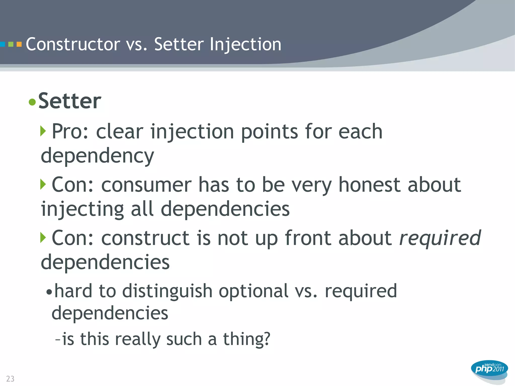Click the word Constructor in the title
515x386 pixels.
[73, 44]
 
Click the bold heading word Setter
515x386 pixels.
[70, 101]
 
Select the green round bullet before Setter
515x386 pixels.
[32, 102]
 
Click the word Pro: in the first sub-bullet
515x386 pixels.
[70, 131]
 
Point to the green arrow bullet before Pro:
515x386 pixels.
[43, 131]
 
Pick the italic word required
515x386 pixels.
[440, 238]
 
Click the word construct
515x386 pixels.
[145, 238]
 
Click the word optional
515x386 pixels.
[253, 291]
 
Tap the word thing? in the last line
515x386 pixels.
[246, 339]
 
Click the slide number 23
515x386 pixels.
[10, 378]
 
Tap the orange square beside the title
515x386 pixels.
[19, 44]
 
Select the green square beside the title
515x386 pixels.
[11, 44]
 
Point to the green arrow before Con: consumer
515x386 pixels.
[43, 184]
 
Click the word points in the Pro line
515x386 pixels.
[269, 132]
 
